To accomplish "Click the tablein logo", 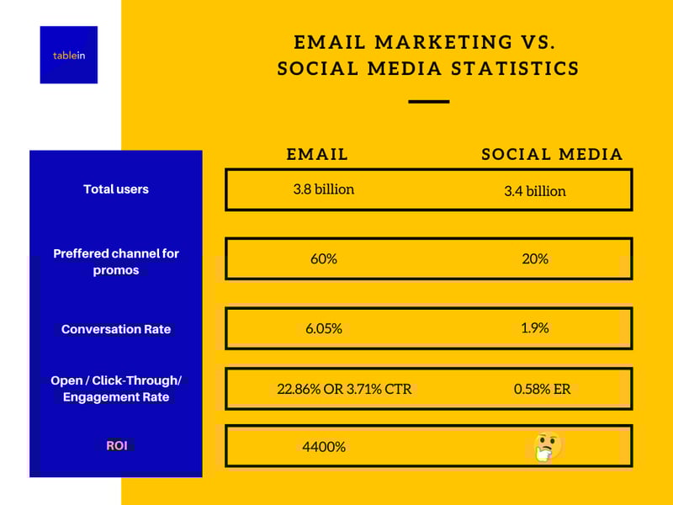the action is [x=69, y=55].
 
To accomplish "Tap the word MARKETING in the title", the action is [x=444, y=42].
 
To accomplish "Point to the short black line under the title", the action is [x=429, y=102].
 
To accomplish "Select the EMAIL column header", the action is [x=317, y=155].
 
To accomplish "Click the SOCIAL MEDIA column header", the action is [x=552, y=155].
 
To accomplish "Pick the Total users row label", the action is [x=116, y=189].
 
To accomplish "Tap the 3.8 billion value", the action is [x=324, y=189].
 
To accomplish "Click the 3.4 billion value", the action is [x=535, y=191].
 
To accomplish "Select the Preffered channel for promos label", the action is [x=116, y=262].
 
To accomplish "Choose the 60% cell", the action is [x=324, y=259].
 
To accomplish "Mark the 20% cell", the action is [x=535, y=259].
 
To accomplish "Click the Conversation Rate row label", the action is [x=116, y=329].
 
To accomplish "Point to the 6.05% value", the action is [x=324, y=329].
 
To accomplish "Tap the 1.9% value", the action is [x=535, y=328].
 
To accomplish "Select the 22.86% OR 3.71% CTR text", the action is [x=344, y=389].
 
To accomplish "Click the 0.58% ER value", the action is [x=542, y=389].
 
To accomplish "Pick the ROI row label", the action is [x=117, y=446].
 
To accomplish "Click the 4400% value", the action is [x=324, y=447].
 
